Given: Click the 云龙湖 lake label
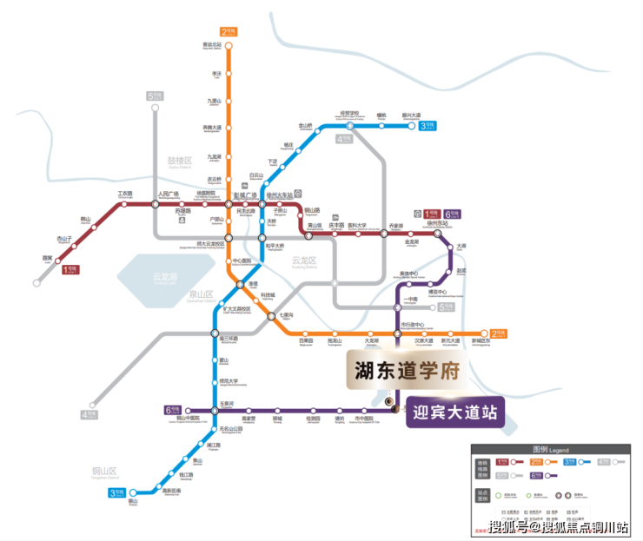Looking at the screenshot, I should pos(164,277).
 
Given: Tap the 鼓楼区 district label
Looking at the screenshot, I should pos(179,162).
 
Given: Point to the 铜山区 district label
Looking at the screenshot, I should pos(103,472).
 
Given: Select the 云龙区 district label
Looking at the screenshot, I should pos(304,261).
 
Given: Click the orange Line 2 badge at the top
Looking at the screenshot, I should pos(230,32).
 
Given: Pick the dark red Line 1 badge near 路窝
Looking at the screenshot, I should pos(70,270).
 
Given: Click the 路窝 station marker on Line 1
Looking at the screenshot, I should pos(58,258).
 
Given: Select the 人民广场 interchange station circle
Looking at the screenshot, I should pos(156,203).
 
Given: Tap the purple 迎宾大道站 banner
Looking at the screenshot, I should pos(454,412).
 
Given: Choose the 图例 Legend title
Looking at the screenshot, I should pos(550,451).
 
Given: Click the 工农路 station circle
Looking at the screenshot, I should pos(125,203).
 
